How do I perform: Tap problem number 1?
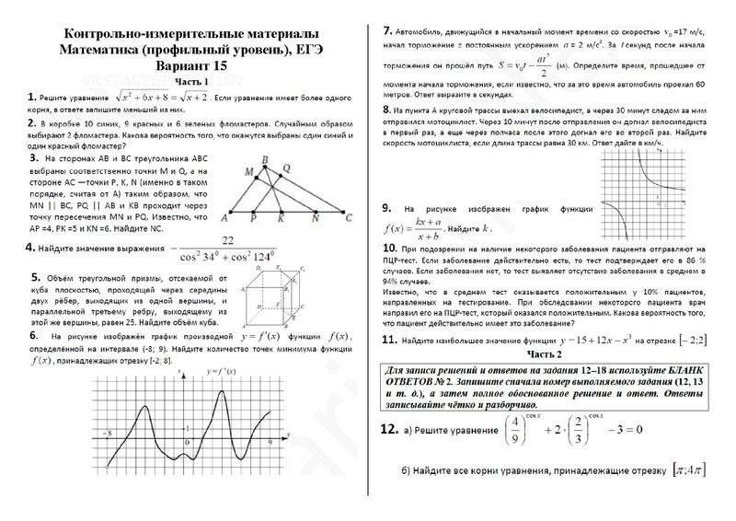click(x=31, y=97)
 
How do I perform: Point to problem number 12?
click(x=388, y=429)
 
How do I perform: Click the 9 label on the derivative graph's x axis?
click(x=270, y=443)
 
